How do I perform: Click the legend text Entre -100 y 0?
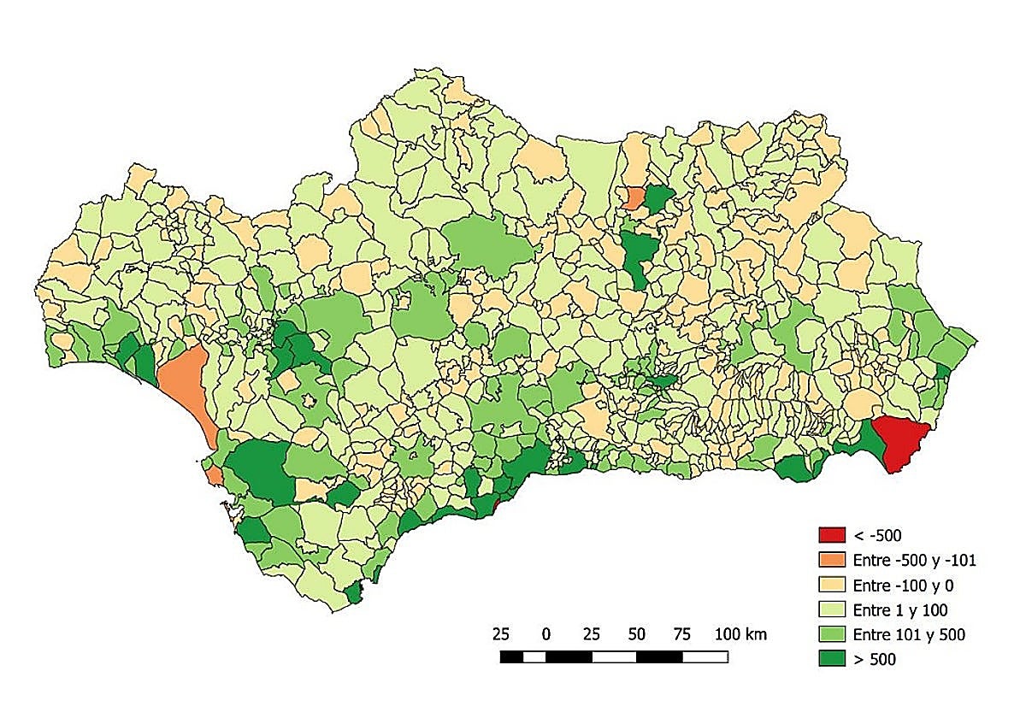(x=901, y=586)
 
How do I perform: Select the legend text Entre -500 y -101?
(x=914, y=561)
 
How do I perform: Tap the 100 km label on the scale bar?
(x=740, y=634)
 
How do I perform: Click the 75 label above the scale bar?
(x=681, y=634)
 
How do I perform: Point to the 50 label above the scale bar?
(x=636, y=634)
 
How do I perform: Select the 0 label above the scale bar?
(x=545, y=634)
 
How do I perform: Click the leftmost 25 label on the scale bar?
(x=501, y=634)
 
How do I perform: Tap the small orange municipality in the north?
(x=634, y=198)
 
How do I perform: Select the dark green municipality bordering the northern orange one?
(x=657, y=199)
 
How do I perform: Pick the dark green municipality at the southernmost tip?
(x=352, y=593)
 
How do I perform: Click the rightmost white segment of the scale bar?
(x=705, y=657)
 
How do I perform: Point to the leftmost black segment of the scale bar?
(x=511, y=657)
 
